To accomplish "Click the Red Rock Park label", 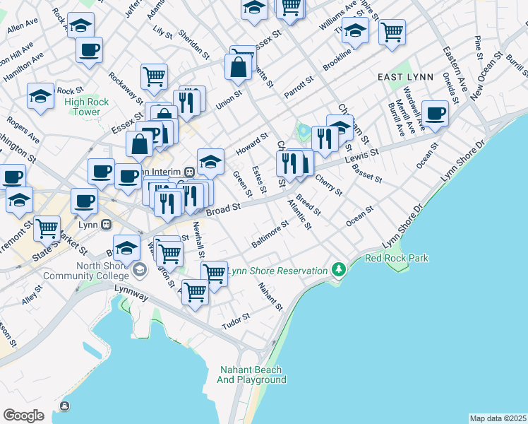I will pyautogui.click(x=396, y=258).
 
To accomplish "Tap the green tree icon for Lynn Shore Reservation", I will pyautogui.click(x=340, y=270).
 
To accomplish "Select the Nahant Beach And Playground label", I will pyautogui.click(x=251, y=375).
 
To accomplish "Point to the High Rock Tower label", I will pyautogui.click(x=86, y=107).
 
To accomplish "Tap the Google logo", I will pyautogui.click(x=23, y=415).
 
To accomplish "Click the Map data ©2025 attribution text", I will pyautogui.click(x=497, y=418).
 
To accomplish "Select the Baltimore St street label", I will pyautogui.click(x=270, y=235).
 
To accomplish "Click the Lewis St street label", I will pyautogui.click(x=362, y=156).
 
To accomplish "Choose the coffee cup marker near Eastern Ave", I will pyautogui.click(x=435, y=112).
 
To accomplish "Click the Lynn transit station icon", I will pyautogui.click(x=106, y=224).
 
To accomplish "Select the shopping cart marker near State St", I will pyautogui.click(x=47, y=228).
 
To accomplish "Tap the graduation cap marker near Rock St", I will pyautogui.click(x=40, y=96).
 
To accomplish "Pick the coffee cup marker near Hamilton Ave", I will pyautogui.click(x=89, y=50).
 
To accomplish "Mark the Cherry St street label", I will pyautogui.click(x=328, y=185).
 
